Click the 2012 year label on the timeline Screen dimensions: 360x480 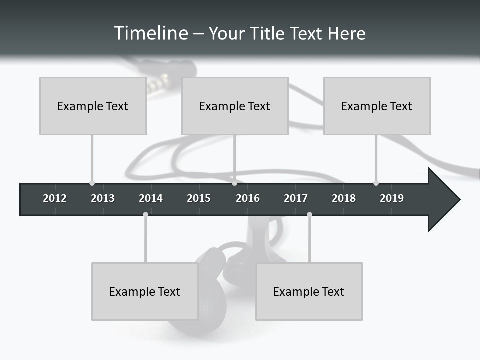[55, 198]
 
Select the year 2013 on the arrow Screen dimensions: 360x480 [103, 198]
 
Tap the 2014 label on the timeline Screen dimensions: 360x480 [151, 198]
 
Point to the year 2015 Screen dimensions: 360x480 [199, 198]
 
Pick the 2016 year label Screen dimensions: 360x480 [248, 198]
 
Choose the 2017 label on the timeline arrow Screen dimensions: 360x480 [296, 198]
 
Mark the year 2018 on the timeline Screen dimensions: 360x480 [344, 198]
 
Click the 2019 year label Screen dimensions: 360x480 [392, 198]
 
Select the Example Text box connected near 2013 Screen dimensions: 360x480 [93, 106]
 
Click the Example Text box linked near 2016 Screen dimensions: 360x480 [235, 106]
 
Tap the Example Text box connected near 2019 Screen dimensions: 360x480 [377, 106]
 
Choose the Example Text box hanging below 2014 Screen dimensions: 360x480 [145, 291]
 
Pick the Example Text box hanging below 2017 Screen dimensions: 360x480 [309, 291]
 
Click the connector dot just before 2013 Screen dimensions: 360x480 [92, 183]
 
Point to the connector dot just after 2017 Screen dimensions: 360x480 [309, 214]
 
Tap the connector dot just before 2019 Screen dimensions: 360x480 [376, 183]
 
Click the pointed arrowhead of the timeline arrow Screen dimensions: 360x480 [445, 200]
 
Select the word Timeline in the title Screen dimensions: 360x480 [150, 33]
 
